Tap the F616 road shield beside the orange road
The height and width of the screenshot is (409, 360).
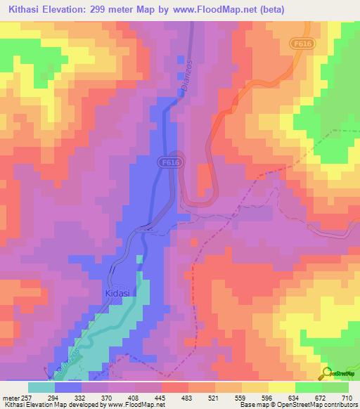pos(302,44)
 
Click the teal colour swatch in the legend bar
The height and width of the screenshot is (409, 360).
pos(41,387)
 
